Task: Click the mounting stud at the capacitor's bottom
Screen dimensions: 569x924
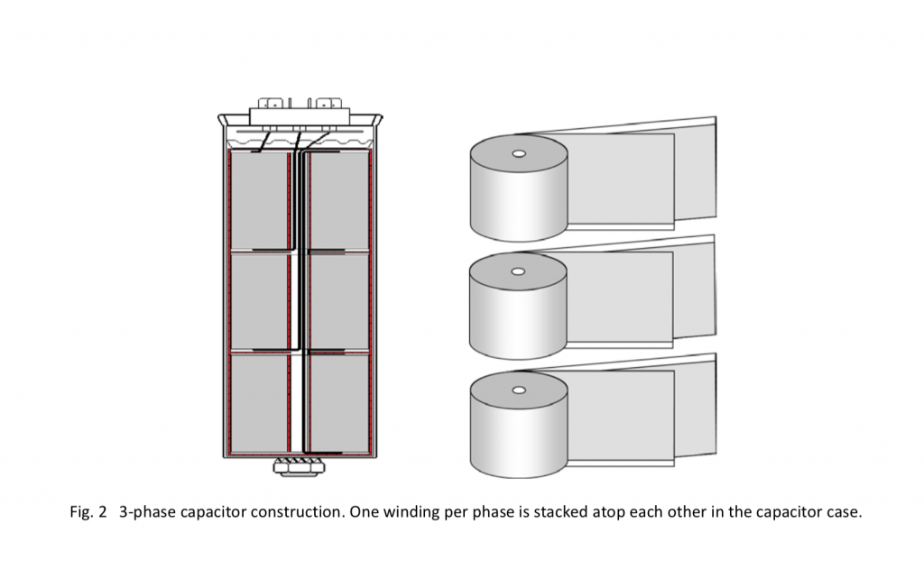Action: tap(299, 466)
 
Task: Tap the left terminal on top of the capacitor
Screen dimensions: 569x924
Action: tap(273, 104)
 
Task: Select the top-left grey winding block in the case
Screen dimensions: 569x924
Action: tap(260, 199)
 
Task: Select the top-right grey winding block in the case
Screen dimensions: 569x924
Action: tap(338, 199)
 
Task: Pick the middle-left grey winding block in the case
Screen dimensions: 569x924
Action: tap(260, 301)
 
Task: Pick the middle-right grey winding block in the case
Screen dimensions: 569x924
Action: tap(338, 301)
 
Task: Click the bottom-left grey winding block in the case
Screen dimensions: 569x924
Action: tap(260, 401)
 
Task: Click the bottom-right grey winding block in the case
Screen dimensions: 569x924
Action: tap(338, 401)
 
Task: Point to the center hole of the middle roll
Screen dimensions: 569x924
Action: tap(518, 271)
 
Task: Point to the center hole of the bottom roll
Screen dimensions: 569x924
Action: tap(518, 390)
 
